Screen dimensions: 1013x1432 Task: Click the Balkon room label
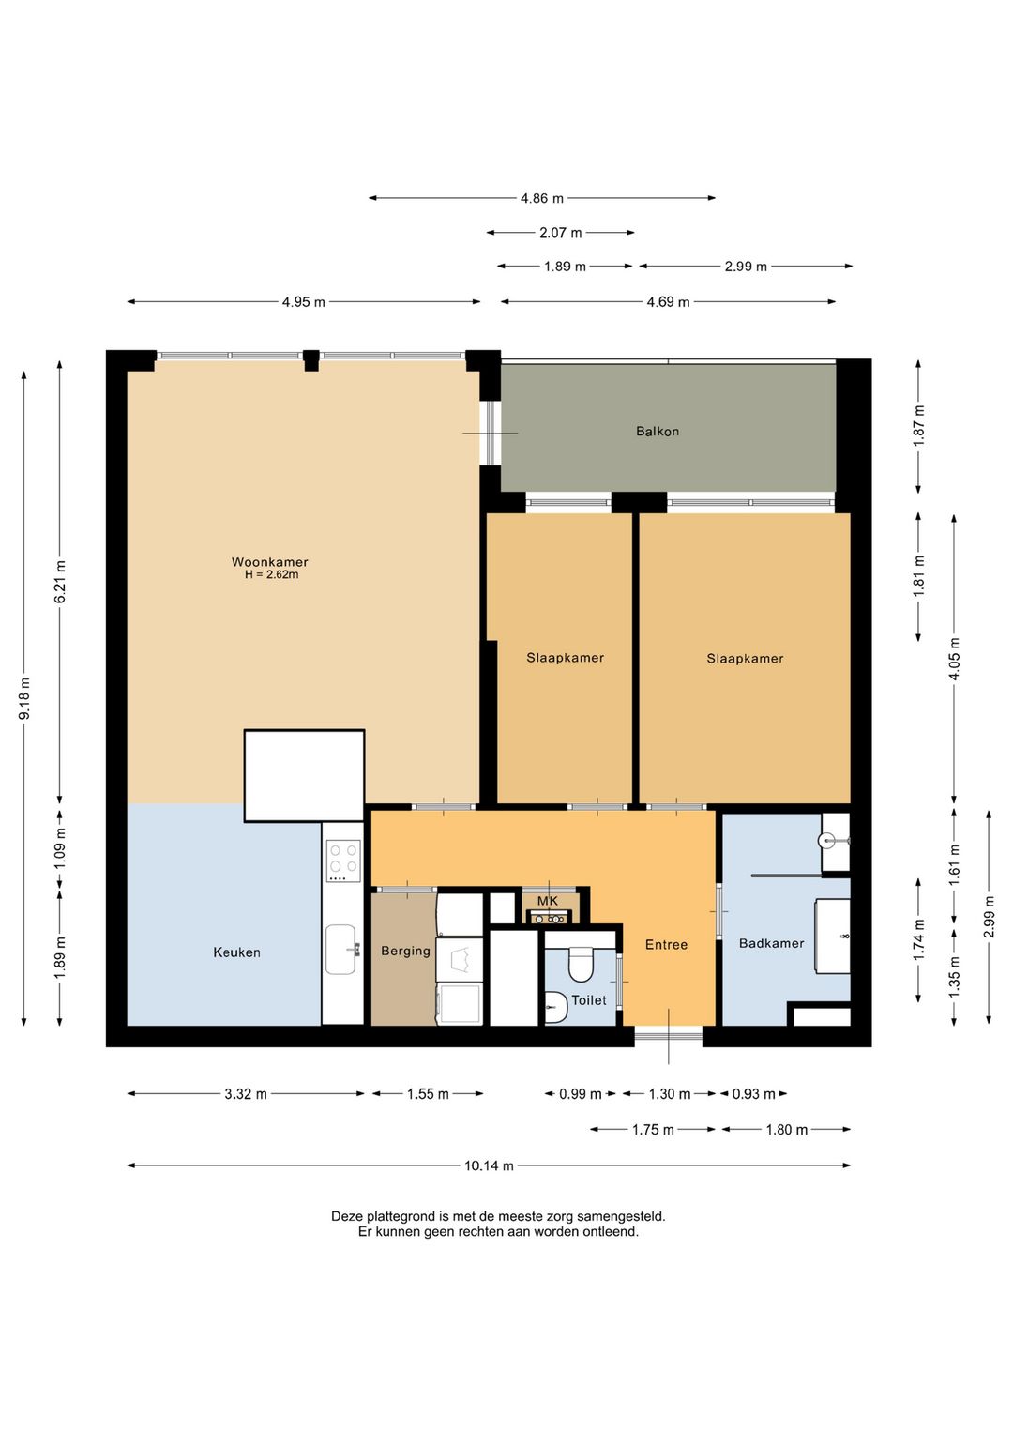click(657, 432)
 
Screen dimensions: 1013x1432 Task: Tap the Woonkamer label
click(270, 562)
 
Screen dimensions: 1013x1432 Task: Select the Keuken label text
click(236, 952)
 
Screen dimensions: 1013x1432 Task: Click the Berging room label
click(405, 952)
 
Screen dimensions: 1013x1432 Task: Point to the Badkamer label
click(771, 943)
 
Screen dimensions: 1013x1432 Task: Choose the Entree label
click(666, 944)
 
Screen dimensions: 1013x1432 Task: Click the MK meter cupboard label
click(547, 901)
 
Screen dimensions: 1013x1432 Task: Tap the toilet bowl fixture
click(581, 964)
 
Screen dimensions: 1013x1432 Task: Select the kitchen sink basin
click(340, 950)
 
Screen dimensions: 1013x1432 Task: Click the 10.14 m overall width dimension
click(489, 1165)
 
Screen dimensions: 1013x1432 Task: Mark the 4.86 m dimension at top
click(542, 198)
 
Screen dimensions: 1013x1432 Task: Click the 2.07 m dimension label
click(561, 233)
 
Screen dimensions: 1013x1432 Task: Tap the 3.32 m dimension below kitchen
click(246, 1094)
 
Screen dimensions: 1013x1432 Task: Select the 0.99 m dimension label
click(581, 1094)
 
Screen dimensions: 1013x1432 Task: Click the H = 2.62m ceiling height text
click(272, 574)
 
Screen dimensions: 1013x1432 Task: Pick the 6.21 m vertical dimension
click(60, 582)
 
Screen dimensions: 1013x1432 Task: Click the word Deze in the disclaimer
click(345, 1216)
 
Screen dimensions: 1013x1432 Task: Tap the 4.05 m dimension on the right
click(954, 659)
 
